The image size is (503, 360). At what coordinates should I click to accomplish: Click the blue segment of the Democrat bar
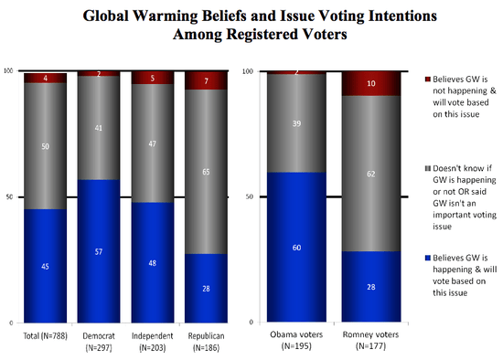(x=98, y=251)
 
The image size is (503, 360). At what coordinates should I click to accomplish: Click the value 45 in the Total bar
(x=46, y=268)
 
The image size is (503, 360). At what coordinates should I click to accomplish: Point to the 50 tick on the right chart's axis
(x=251, y=196)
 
